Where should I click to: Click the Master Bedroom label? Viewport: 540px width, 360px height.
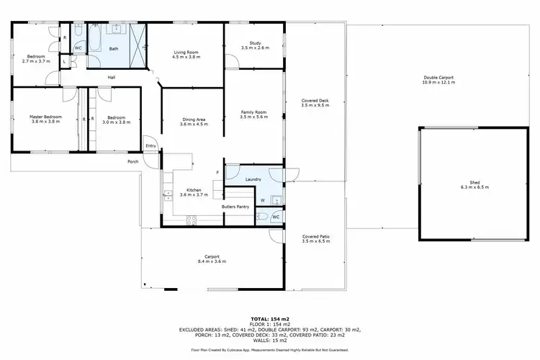coord(45,117)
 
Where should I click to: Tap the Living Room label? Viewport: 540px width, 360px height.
coord(186,52)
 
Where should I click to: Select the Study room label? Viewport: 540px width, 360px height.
coord(254,44)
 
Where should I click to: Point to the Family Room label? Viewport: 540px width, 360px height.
coord(253,112)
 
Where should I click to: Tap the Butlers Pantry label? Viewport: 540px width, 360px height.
coord(235,207)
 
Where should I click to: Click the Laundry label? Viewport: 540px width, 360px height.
coord(253,179)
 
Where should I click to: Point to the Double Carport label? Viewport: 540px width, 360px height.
coord(438,78)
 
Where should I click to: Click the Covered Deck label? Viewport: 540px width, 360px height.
coord(315,101)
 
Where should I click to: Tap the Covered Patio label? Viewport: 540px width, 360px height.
coord(316,236)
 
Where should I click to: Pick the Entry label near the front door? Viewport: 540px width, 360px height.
coord(150,146)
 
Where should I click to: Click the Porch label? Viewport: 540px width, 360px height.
coord(132,161)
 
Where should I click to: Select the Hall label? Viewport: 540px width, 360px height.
coord(112,78)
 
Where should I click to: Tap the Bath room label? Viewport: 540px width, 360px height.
coord(114,49)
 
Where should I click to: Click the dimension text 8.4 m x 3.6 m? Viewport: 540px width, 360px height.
coord(212,261)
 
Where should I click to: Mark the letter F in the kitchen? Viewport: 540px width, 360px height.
coord(217,173)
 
